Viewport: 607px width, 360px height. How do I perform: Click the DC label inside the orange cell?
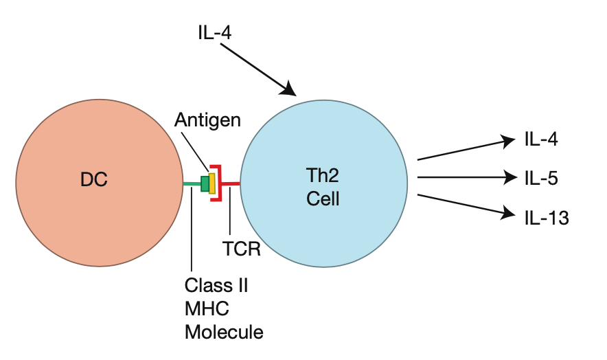tap(95, 181)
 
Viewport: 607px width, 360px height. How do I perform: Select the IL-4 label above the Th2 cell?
tap(214, 32)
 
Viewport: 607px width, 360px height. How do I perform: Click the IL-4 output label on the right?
tap(540, 140)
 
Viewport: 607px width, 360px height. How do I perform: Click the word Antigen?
tap(207, 120)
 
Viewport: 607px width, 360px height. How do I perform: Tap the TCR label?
tap(241, 248)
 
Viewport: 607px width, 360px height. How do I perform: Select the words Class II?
tap(216, 285)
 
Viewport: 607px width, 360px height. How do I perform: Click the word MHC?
tap(207, 308)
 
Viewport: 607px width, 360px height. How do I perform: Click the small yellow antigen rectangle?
tap(213, 183)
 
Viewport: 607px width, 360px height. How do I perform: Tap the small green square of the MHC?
tap(205, 183)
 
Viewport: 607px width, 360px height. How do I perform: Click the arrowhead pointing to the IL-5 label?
tap(509, 178)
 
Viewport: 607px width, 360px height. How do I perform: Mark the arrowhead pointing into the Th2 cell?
tap(290, 90)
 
